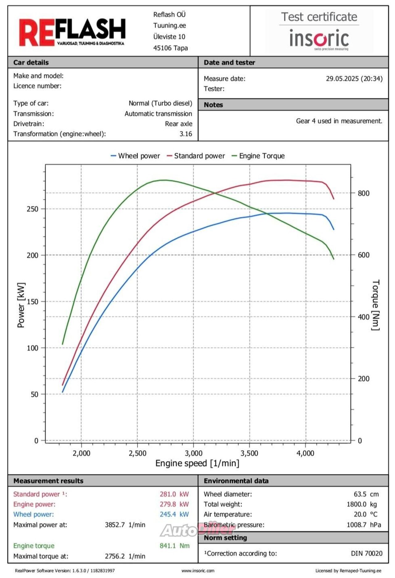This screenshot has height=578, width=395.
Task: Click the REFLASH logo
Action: click(72, 32)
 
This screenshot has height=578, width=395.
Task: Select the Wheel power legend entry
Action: click(135, 156)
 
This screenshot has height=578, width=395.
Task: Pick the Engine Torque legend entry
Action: click(258, 156)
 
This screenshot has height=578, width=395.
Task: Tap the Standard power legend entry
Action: click(196, 156)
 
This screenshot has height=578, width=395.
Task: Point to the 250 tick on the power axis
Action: click(32, 209)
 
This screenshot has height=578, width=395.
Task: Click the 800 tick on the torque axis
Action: click(364, 193)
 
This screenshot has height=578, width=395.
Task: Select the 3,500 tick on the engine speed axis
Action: click(249, 453)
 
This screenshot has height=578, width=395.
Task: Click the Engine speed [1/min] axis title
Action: click(197, 463)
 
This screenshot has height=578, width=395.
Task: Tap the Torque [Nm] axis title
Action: click(375, 305)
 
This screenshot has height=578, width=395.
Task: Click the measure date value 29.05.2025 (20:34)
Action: click(354, 79)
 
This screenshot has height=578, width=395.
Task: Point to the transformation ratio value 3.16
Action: click(186, 134)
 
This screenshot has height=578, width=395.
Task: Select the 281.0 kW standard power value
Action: click(174, 494)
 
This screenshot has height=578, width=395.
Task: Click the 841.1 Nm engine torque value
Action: click(174, 546)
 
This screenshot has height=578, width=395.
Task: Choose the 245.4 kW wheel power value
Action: click(174, 514)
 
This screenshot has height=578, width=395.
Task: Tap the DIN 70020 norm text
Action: click(366, 553)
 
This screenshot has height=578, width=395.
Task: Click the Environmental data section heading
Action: click(236, 481)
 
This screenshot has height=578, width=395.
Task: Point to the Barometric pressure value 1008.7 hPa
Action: click(364, 525)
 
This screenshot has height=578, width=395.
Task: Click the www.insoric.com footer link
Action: click(198, 571)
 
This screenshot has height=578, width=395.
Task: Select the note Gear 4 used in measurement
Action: click(339, 121)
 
